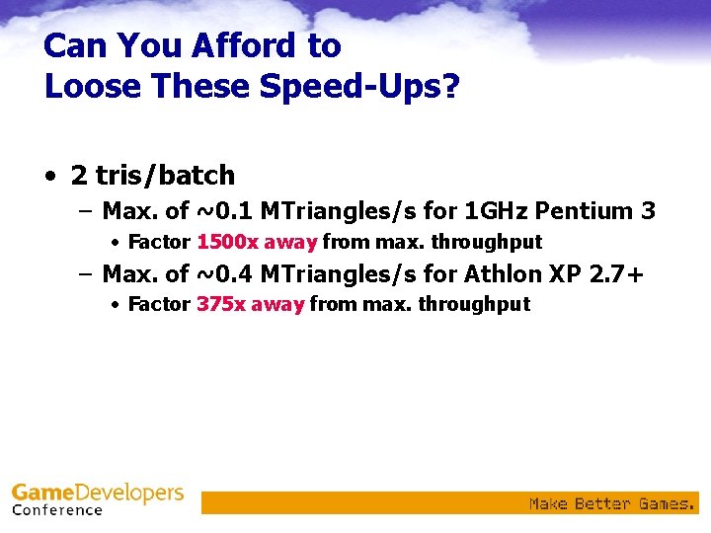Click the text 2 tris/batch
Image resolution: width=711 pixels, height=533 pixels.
pos(152,176)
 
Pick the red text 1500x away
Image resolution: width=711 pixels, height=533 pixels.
pos(257,242)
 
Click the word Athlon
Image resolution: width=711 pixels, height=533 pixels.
pos(476,273)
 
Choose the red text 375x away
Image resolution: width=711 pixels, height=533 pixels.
pos(250,304)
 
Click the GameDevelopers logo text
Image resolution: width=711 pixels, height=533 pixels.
pos(97,493)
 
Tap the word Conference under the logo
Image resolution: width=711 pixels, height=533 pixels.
pos(57,510)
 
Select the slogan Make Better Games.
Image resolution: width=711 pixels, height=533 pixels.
pos(612,503)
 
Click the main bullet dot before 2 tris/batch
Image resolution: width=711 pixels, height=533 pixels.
pos(50,177)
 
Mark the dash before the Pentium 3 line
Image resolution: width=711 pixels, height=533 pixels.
pos(86,211)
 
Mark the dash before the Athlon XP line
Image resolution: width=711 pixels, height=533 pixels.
pos(86,273)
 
